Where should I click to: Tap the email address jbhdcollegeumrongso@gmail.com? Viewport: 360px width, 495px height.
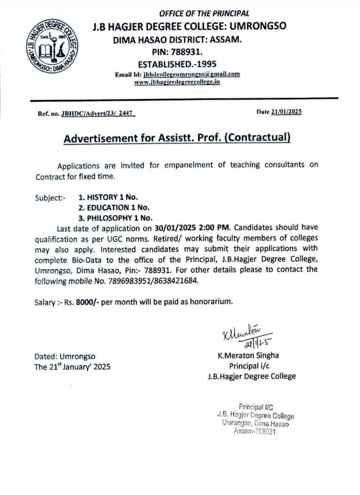click(x=192, y=74)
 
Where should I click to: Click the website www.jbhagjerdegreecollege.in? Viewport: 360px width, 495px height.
click(x=177, y=82)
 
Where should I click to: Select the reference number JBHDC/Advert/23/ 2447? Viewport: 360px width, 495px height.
click(x=97, y=114)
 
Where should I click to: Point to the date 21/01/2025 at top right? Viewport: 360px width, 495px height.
click(x=286, y=112)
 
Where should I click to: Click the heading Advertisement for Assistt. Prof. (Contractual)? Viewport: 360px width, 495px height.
click(x=177, y=138)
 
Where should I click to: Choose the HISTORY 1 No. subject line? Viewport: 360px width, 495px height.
click(x=108, y=197)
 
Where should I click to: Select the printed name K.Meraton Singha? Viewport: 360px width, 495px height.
click(x=248, y=356)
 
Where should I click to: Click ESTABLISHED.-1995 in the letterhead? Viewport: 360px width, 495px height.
click(x=177, y=64)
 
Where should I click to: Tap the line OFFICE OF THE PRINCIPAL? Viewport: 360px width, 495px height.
click(x=204, y=14)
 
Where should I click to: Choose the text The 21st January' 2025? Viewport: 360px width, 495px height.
click(x=72, y=367)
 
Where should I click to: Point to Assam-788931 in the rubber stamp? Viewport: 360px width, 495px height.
click(x=255, y=431)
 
